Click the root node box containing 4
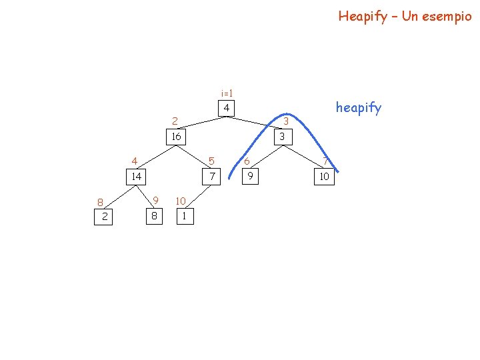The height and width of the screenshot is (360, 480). (227, 108)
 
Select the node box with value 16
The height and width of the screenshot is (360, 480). (175, 137)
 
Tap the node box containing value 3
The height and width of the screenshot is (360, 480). (283, 137)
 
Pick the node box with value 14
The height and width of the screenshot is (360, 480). (136, 177)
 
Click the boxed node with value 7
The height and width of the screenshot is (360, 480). (212, 177)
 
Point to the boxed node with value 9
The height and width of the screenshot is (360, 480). (250, 177)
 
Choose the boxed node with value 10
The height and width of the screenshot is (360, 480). (325, 177)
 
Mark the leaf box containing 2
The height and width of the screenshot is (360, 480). (105, 216)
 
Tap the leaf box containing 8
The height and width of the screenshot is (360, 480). (154, 216)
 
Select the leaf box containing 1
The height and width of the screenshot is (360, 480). (184, 216)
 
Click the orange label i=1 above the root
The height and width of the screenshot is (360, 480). (227, 93)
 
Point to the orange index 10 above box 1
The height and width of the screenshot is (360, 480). (180, 201)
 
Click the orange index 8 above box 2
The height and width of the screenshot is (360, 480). (99, 202)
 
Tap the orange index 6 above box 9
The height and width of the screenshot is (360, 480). (247, 161)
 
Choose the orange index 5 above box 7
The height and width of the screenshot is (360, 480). (211, 161)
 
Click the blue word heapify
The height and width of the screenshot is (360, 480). (359, 107)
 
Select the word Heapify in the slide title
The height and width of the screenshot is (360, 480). (363, 16)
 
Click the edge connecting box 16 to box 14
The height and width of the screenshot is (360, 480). (155, 157)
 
